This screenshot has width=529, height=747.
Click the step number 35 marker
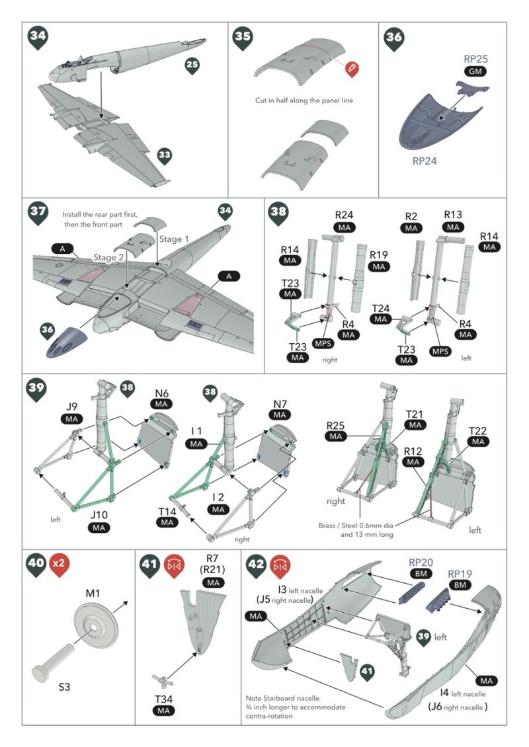(x=243, y=38)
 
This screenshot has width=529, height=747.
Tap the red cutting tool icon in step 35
(x=350, y=68)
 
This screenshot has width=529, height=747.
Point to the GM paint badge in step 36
(x=474, y=71)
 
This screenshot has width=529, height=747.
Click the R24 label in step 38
(x=345, y=215)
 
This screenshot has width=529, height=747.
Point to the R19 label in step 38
(x=379, y=255)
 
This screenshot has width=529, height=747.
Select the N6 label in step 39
(x=161, y=391)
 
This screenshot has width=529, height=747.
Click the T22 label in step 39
(x=479, y=431)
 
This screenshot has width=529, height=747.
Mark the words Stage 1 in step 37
(x=173, y=239)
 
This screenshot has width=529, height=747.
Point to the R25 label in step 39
(x=337, y=424)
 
